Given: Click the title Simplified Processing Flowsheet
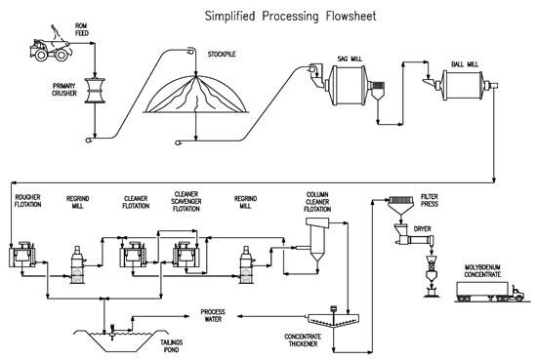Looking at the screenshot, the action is [x=290, y=16].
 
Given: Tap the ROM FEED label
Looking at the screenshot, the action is [x=81, y=29].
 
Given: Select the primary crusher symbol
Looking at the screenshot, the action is [x=95, y=91].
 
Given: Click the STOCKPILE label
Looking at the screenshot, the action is [x=222, y=54].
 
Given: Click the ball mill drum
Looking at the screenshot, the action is [x=464, y=86].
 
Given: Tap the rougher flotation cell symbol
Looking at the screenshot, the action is [x=22, y=255].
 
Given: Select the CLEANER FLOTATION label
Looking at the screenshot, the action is [x=136, y=202].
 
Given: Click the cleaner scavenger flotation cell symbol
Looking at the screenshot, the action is [x=186, y=255].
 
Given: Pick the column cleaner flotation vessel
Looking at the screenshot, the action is [x=317, y=240].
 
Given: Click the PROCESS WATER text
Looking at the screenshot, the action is [x=213, y=315].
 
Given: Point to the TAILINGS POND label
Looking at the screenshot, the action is [x=171, y=346].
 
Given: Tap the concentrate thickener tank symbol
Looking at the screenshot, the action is [x=333, y=319].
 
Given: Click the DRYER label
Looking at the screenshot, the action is [x=422, y=229].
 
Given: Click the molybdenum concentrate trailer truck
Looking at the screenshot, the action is [x=490, y=292].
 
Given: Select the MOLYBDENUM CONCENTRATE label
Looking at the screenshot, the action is [x=482, y=271].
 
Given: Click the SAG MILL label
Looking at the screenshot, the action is [x=350, y=60].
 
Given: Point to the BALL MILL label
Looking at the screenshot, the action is [x=465, y=64].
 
